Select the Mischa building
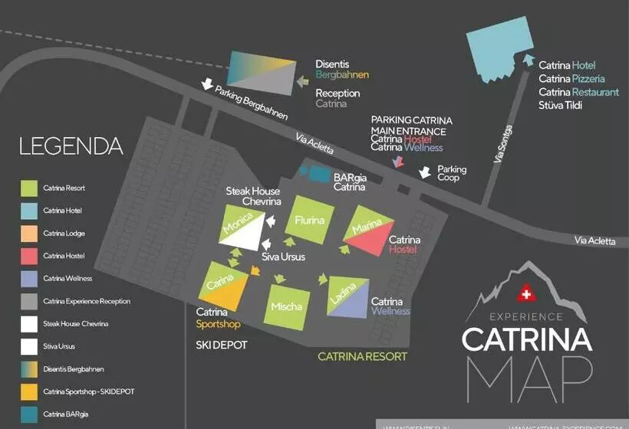(286, 306)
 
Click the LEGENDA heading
(71, 146)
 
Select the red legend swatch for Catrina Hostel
(29, 255)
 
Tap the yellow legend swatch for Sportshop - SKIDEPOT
(29, 391)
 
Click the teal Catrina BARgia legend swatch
(29, 414)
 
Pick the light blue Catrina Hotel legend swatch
(29, 210)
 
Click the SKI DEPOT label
(222, 345)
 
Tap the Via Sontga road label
(504, 144)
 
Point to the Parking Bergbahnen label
(251, 103)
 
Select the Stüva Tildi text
(560, 106)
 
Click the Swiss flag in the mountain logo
(525, 294)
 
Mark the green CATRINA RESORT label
(362, 357)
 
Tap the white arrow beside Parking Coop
(424, 174)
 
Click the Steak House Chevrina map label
(252, 196)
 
